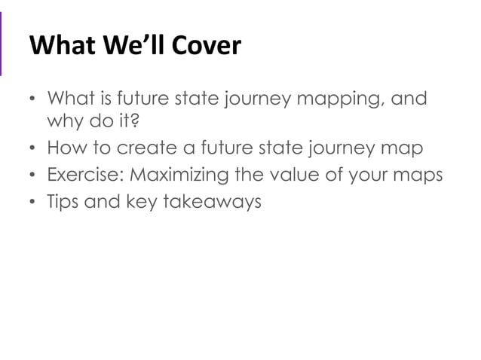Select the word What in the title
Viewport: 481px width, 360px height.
pyautogui.click(x=60, y=47)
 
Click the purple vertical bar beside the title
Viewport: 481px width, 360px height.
pyautogui.click(x=2, y=45)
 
